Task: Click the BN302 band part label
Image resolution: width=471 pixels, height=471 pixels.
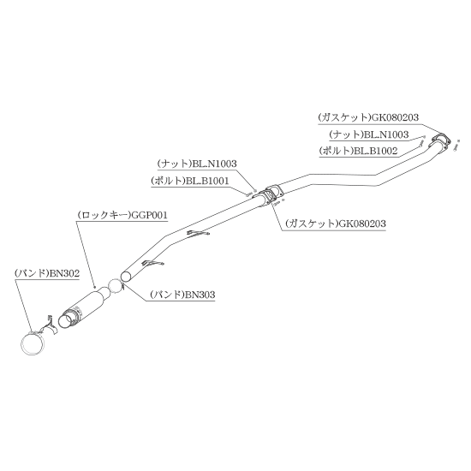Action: tap(47, 273)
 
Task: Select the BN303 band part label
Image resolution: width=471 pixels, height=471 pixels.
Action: tap(182, 295)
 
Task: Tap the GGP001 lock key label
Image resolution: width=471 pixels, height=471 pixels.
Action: tap(122, 215)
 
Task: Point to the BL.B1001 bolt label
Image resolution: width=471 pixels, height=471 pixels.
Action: tap(190, 181)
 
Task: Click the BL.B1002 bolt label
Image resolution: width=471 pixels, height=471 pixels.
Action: tap(358, 151)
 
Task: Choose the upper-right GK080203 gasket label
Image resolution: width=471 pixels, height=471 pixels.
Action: tap(368, 117)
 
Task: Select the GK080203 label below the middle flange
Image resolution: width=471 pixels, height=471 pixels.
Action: tap(336, 224)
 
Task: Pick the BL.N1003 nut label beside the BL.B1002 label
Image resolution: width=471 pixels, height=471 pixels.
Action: tap(369, 134)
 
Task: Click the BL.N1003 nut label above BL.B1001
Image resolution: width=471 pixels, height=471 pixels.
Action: tap(197, 164)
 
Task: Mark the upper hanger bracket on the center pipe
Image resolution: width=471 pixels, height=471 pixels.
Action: tap(199, 233)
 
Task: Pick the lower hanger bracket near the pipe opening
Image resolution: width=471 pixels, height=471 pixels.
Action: tap(153, 263)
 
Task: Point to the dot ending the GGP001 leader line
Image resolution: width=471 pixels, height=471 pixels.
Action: tap(94, 288)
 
